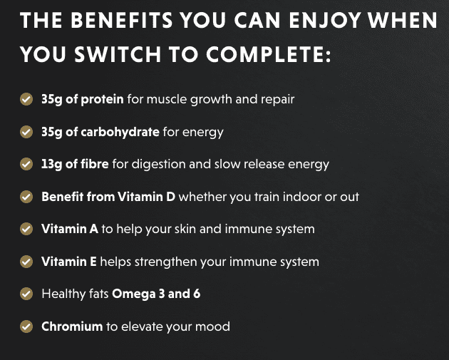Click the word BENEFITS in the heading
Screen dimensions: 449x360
[x=122, y=21]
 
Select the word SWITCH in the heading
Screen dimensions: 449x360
[x=118, y=54]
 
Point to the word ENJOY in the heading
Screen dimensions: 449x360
[x=325, y=21]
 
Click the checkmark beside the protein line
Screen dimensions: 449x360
[x=26, y=99]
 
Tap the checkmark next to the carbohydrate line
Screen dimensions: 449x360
[x=26, y=132]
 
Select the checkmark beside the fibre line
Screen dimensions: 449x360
[x=26, y=164]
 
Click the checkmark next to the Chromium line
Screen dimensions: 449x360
[x=26, y=326]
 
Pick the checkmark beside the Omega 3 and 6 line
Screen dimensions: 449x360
[x=26, y=294]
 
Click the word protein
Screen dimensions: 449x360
[x=102, y=100]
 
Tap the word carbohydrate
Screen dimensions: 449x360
[x=120, y=132]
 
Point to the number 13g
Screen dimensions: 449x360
[x=51, y=165]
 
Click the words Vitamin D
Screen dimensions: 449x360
[x=146, y=197]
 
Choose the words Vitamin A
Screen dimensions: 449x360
[x=70, y=229]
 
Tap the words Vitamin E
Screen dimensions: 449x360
[x=69, y=262]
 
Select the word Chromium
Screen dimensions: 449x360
[x=72, y=326]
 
